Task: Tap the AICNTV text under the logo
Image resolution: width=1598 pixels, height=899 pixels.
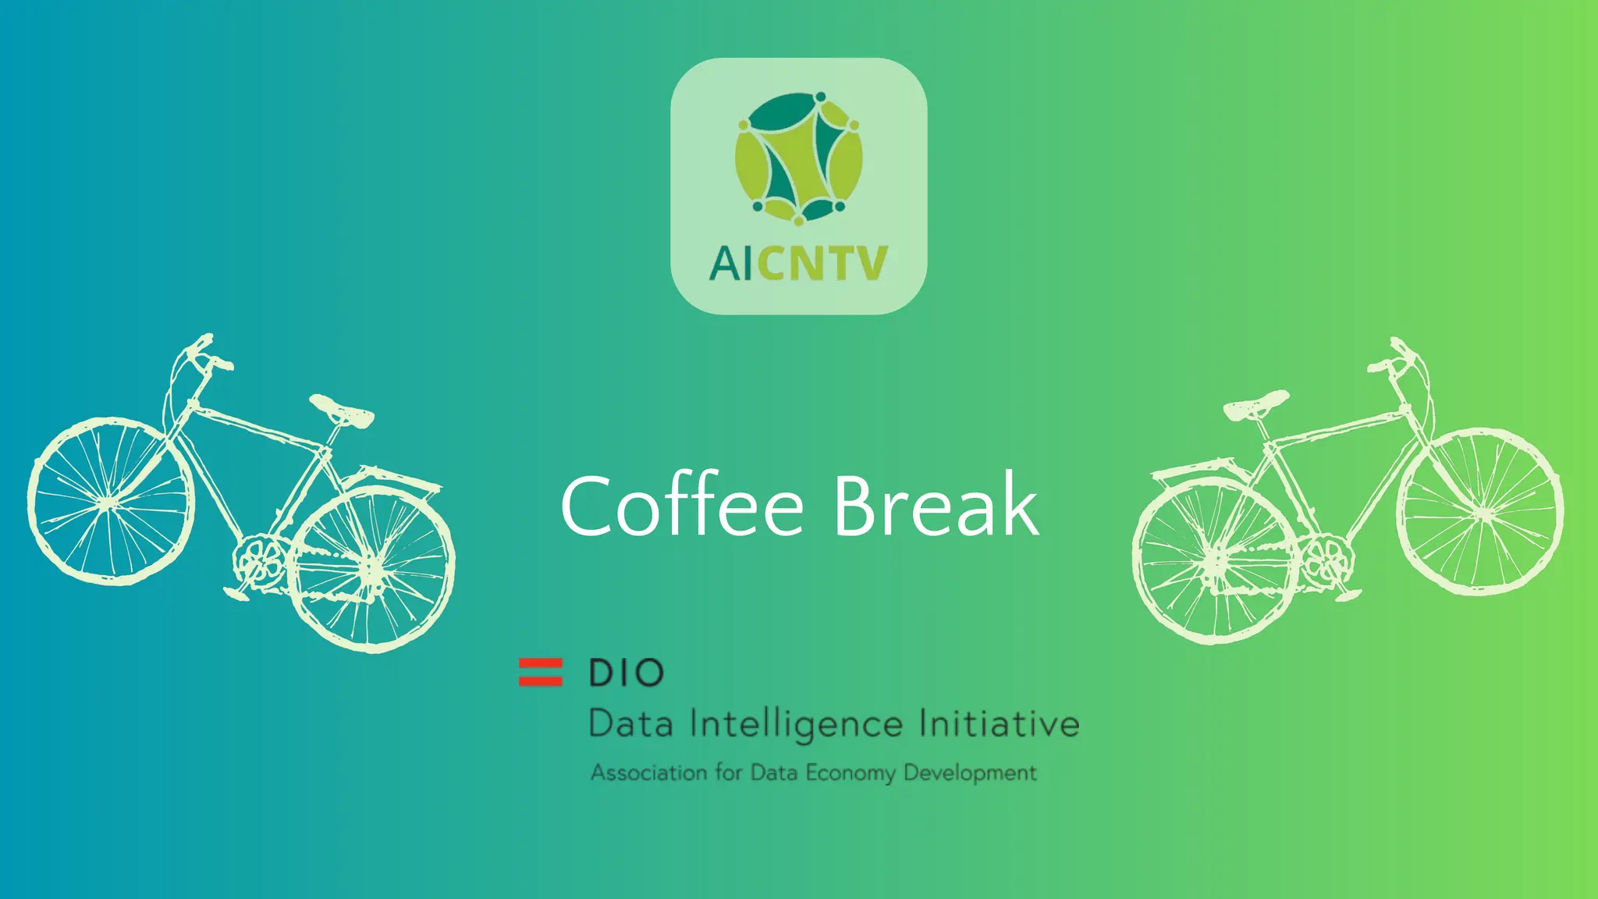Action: point(798,263)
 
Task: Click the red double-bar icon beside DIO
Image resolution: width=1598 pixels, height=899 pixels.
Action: point(540,672)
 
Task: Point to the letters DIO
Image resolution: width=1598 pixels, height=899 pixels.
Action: point(626,673)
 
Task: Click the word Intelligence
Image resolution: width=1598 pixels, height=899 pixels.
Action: point(797,724)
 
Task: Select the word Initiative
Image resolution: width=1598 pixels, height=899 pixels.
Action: point(999,723)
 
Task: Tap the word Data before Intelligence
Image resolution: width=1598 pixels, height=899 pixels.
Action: point(630,724)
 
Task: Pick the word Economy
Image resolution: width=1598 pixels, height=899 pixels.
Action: point(850,773)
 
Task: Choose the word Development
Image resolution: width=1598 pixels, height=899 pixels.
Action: point(970,773)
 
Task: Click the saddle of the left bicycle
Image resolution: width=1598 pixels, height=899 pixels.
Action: point(342,410)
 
